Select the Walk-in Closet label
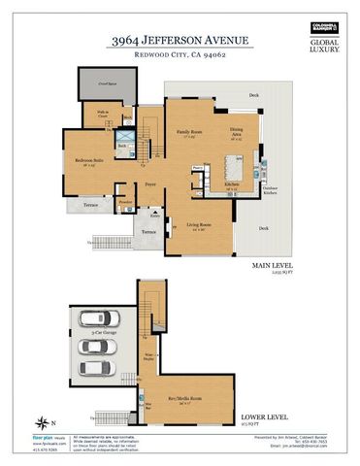[102, 115]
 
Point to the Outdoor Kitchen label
[269, 188]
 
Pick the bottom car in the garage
[94, 368]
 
